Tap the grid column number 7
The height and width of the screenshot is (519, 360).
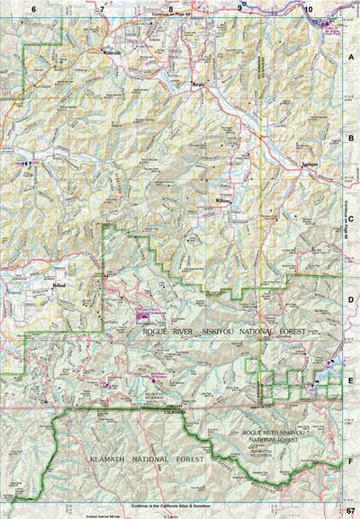103,8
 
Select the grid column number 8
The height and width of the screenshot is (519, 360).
170,8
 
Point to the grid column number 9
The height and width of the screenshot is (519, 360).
239,8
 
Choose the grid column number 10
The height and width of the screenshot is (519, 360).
308,8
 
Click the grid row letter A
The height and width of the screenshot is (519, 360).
350,56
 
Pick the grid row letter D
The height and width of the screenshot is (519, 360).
350,300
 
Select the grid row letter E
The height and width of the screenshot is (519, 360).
350,380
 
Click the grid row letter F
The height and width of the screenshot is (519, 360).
350,461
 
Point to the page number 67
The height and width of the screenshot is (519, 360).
350,512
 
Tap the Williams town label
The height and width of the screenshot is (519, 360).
225,199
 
